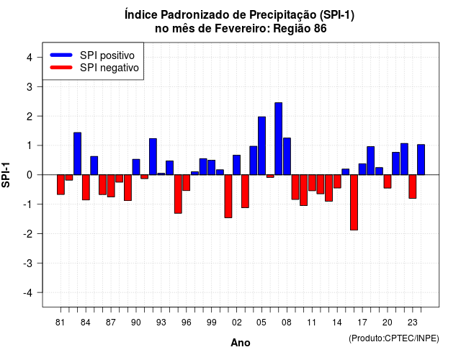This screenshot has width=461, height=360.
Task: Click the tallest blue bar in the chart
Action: (279, 139)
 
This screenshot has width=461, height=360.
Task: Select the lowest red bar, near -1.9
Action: (354, 202)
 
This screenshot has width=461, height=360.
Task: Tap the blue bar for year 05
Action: (261, 145)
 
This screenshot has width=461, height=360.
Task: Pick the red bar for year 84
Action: (86, 187)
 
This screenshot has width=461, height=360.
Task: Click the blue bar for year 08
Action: (287, 156)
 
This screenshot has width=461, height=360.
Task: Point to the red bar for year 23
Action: (413, 186)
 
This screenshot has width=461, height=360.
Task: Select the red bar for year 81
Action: (61, 184)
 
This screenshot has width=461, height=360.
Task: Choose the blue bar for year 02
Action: (237, 165)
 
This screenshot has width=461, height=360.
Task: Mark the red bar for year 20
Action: (388, 181)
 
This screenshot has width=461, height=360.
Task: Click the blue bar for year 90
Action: (136, 167)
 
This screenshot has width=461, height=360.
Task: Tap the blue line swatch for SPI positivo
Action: (61, 55)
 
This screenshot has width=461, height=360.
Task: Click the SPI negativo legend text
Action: (109, 68)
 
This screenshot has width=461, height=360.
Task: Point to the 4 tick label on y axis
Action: (30, 58)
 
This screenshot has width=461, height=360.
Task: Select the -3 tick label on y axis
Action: (28, 264)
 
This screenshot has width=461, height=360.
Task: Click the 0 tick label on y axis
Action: (30, 175)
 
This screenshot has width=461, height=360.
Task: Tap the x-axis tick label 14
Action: (337, 323)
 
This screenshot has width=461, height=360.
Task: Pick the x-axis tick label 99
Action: (211, 323)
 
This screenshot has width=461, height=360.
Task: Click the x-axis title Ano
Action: (241, 343)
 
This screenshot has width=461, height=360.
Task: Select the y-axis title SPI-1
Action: (6, 175)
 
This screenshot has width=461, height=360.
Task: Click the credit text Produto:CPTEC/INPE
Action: (394, 338)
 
